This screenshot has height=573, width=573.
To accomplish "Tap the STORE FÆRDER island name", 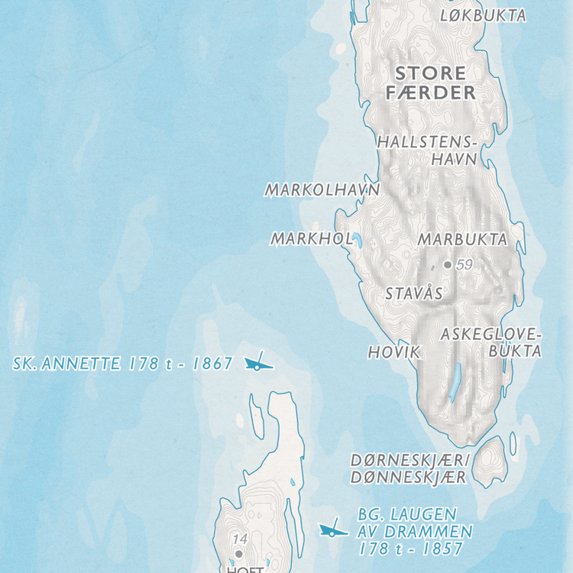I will click(x=430, y=83).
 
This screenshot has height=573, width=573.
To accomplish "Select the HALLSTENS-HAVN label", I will click(x=427, y=151).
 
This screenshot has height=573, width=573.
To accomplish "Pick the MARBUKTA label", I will click(x=462, y=239).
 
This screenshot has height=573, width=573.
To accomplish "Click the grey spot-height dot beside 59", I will click(x=448, y=265).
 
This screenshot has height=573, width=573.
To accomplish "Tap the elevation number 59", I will click(x=465, y=265).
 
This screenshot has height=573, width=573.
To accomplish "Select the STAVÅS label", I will click(x=413, y=293).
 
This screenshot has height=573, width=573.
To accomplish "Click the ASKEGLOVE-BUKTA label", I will click(x=491, y=343).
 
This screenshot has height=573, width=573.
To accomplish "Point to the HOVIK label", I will click(x=394, y=352).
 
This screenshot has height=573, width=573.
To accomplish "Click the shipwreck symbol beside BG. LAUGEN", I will click(x=332, y=529).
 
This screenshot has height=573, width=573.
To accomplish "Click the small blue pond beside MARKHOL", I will click(x=357, y=241).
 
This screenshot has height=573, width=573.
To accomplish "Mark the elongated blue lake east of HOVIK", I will click(x=455, y=383).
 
